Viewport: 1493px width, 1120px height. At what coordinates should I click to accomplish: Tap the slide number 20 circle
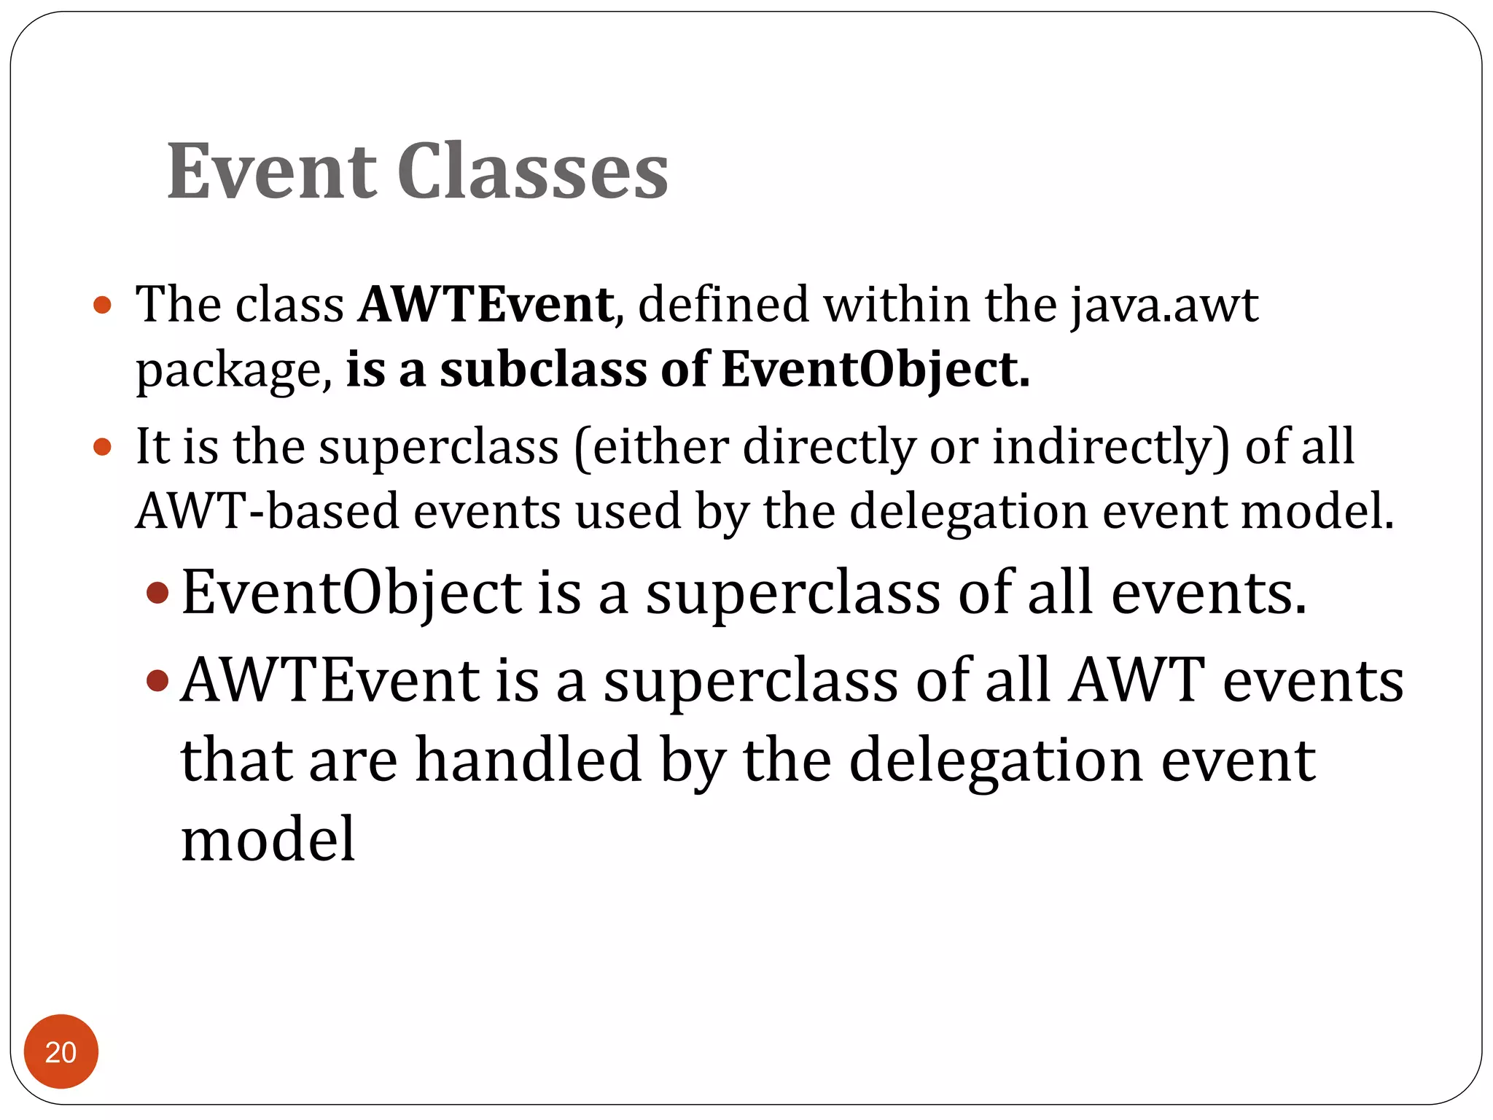pos(61,1051)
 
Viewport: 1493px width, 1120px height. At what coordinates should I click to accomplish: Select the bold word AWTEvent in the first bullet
pos(486,304)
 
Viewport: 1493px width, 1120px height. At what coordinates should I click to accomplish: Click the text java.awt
pos(1164,304)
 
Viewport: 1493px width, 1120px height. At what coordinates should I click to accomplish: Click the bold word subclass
pos(543,369)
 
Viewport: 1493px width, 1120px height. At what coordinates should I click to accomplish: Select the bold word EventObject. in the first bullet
pos(876,369)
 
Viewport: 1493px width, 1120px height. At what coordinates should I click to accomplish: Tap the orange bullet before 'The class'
pos(103,305)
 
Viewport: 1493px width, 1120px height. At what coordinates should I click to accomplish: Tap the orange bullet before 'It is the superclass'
pos(103,446)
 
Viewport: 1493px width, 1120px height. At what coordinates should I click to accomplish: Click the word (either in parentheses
pos(652,446)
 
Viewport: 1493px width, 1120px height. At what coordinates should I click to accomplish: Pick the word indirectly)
pos(1110,446)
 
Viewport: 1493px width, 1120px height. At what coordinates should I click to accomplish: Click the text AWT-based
pos(268,510)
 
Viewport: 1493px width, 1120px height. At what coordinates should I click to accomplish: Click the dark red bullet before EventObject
pos(157,593)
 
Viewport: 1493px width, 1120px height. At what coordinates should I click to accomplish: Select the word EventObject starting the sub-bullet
pos(351,593)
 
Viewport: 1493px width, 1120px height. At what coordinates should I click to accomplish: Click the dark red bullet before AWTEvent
pos(157,681)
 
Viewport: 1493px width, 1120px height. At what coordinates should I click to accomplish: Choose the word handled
pos(528,760)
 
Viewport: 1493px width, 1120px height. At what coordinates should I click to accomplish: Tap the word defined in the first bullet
pos(723,304)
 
